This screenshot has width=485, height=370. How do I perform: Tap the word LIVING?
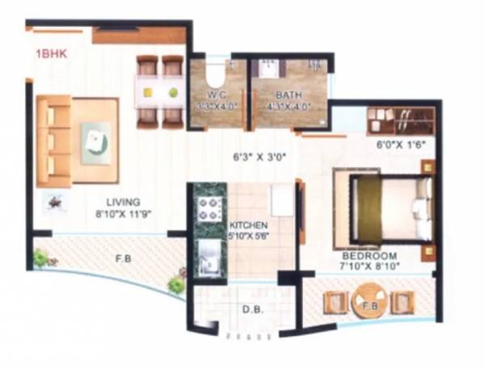tap(124, 201)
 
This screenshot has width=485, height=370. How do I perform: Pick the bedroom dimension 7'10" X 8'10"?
tap(370, 264)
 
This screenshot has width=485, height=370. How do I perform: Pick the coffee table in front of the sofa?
tap(95, 142)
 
